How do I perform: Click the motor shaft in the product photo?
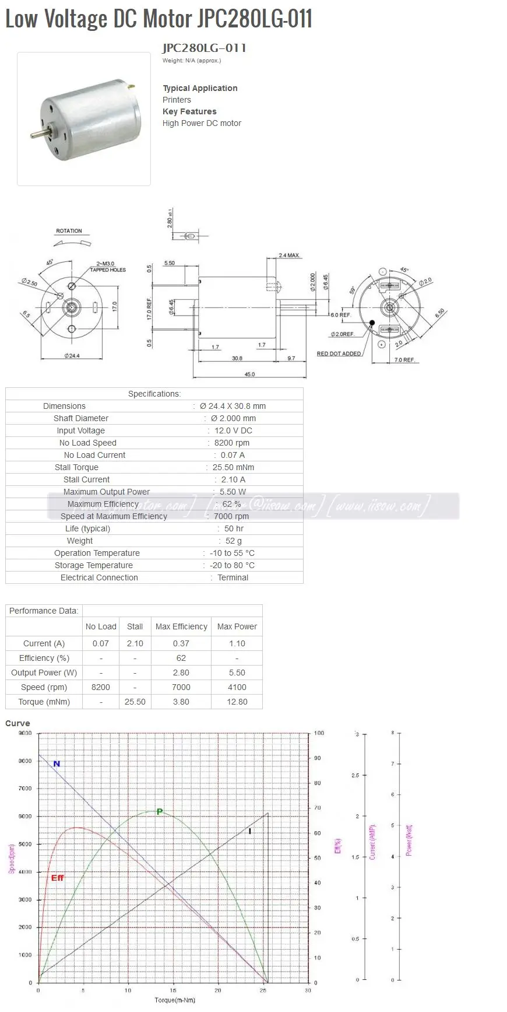37,135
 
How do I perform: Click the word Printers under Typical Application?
177,100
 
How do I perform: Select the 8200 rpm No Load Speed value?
231,443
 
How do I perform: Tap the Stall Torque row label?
76,467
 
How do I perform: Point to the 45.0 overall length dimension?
249,374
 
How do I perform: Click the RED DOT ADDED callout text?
339,353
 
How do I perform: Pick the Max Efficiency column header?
181,626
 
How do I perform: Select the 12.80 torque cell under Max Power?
237,702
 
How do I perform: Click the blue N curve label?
57,764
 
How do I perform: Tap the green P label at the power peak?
160,811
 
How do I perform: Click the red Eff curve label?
57,878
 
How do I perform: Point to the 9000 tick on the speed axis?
25,733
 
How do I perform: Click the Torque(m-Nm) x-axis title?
175,1000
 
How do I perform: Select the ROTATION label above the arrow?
69,231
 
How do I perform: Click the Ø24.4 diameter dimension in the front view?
72,356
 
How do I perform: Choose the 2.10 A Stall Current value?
233,479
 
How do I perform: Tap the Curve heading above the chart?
17,723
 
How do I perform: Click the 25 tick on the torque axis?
263,990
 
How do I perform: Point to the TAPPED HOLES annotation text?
108,270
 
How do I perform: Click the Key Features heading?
189,111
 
